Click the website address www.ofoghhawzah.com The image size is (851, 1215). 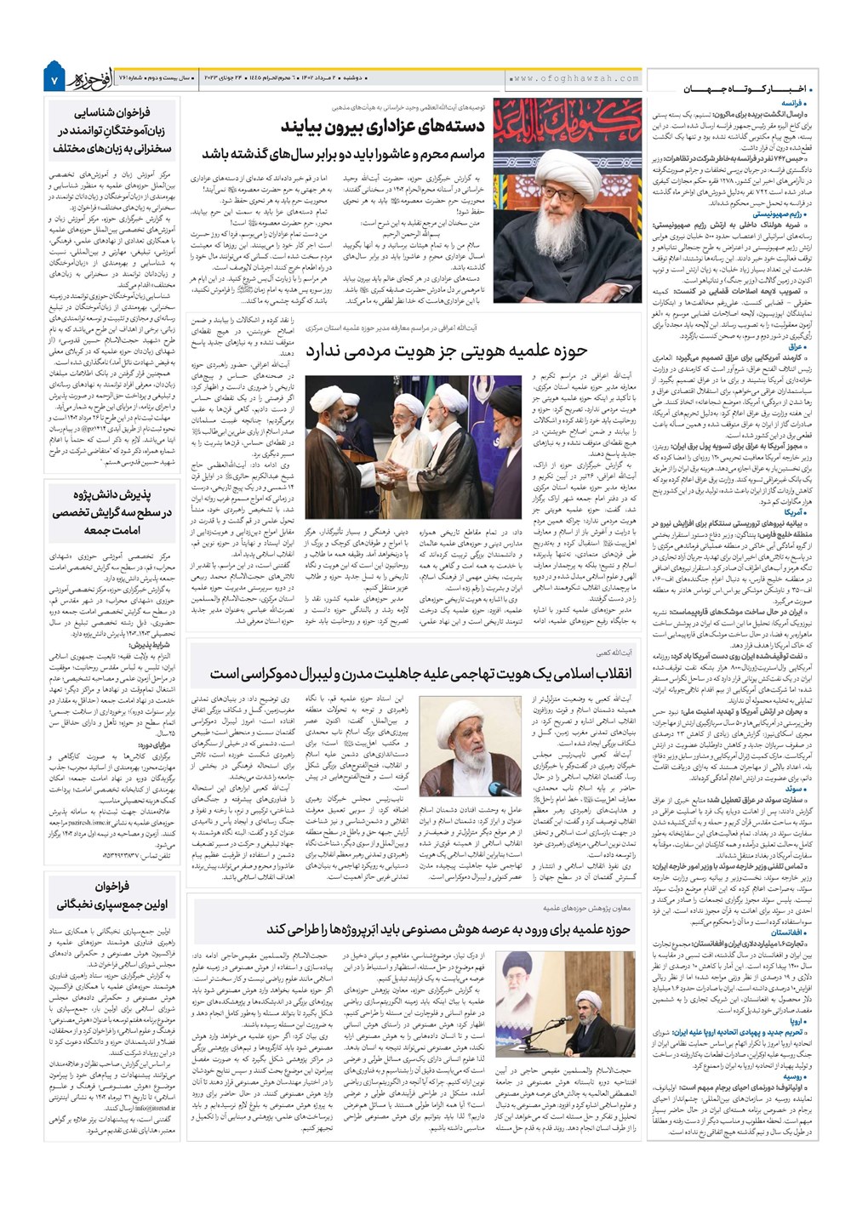pos(576,78)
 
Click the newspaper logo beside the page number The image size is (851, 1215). pos(85,77)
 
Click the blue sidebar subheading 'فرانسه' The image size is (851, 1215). pos(796,101)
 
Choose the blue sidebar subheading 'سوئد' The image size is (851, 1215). pos(798,790)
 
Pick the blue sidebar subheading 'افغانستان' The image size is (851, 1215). pos(789,933)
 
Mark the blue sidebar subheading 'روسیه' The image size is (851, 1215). pos(796,1076)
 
